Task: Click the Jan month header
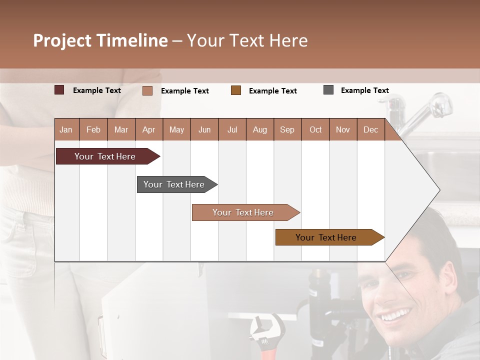[x=66, y=129]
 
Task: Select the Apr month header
[x=148, y=129]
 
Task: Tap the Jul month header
[x=232, y=129]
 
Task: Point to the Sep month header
[x=287, y=129]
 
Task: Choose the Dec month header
[x=370, y=129]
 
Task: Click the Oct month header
[x=315, y=129]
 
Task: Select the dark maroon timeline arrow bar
[x=105, y=156]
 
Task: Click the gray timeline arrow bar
[x=174, y=184]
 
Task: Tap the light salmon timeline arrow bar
[x=243, y=212]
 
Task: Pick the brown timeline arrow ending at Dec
[x=326, y=237]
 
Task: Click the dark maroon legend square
[x=59, y=90]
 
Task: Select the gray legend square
[x=328, y=90]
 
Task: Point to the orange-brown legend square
[x=236, y=90]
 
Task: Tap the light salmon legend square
[x=147, y=90]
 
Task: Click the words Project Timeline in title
[x=100, y=40]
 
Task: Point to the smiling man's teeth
[x=395, y=316]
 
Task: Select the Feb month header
[x=93, y=129]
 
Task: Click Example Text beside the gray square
[x=364, y=90]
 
